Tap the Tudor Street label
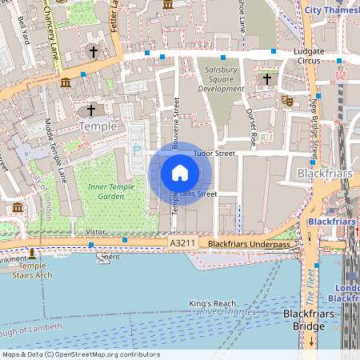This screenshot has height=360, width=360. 213,153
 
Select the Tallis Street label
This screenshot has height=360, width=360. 198,194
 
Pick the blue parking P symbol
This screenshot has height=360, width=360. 137,148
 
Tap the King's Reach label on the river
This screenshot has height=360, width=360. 212,303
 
